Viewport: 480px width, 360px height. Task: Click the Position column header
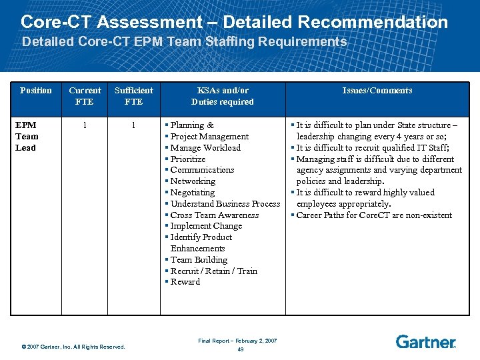(35, 91)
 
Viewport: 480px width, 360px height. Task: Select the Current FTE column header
(85, 96)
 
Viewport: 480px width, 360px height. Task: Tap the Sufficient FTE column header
(133, 96)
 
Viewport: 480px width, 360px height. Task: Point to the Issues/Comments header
(377, 91)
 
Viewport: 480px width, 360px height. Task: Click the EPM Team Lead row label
(26, 136)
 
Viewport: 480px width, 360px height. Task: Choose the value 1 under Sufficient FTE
(133, 125)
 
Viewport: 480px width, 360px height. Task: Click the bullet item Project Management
(209, 137)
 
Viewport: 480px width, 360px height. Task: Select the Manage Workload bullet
(205, 148)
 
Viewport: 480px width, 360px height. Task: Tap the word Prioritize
(188, 159)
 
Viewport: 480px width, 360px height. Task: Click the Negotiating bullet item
(193, 193)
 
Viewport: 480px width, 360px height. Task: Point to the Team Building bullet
(199, 260)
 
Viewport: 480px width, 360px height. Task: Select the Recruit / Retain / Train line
(213, 271)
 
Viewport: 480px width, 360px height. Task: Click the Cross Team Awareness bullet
(214, 215)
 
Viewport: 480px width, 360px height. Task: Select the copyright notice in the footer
(73, 347)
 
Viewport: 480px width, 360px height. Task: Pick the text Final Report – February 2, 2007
(237, 341)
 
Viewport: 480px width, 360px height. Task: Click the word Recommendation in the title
(373, 22)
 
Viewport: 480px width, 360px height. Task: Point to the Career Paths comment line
(374, 215)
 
